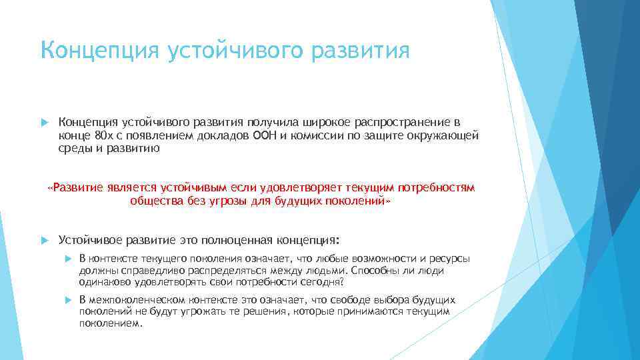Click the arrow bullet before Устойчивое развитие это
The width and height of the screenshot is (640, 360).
coord(45,239)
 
